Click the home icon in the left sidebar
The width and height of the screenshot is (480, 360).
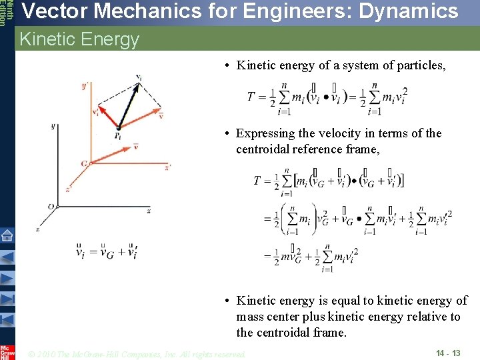point(7,235)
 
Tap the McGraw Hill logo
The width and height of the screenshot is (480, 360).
point(7,352)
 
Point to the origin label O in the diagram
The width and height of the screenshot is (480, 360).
point(51,207)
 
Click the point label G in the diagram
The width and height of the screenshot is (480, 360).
point(84,163)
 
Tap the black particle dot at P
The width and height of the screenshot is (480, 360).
point(118,127)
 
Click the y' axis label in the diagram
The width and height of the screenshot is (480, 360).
point(84,86)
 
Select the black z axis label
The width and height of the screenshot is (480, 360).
point(37,229)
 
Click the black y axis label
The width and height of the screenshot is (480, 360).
point(53,126)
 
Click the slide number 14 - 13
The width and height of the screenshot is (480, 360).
point(448,352)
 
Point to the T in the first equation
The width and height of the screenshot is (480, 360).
point(252,97)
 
